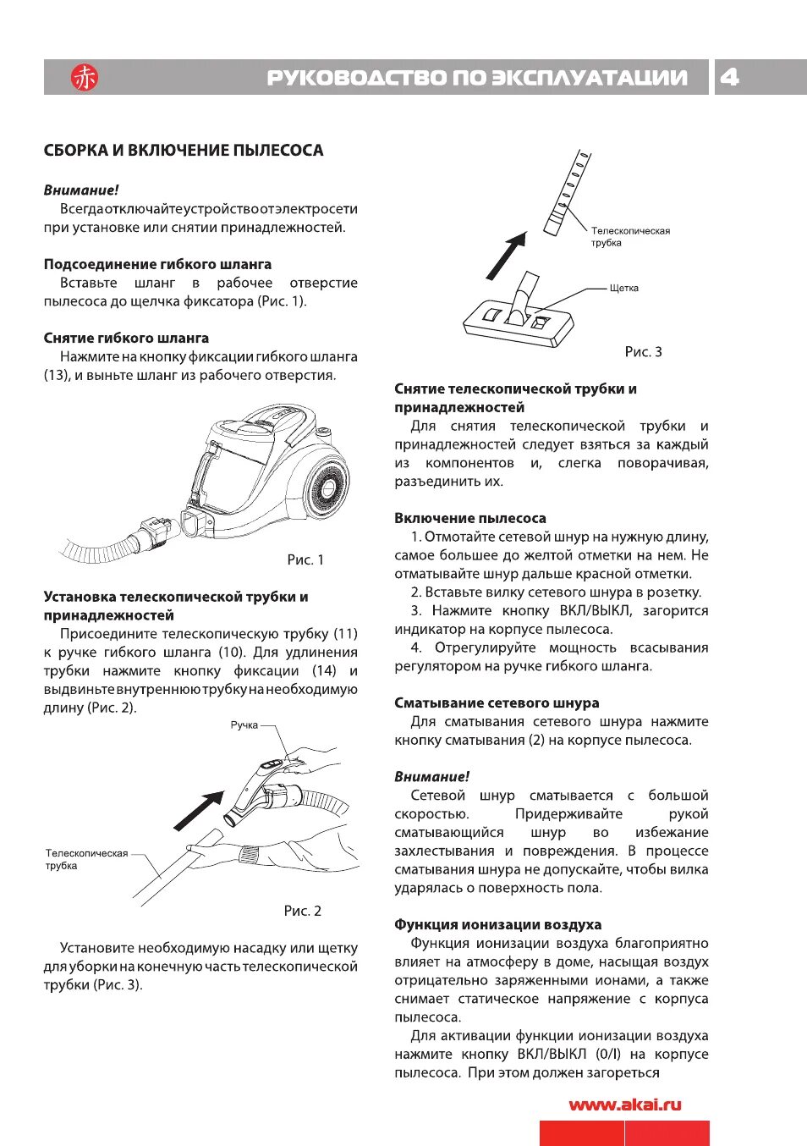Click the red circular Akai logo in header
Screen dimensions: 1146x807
point(85,78)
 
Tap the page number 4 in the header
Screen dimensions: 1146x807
point(729,77)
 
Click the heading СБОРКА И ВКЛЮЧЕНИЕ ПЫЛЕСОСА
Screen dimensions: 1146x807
point(184,151)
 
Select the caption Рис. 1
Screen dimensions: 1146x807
point(305,559)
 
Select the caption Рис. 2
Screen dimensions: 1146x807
point(303,911)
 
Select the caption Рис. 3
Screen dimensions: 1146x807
point(643,351)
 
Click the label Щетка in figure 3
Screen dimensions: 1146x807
point(624,289)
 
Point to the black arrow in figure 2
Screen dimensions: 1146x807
point(199,811)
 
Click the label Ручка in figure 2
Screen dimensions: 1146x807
point(244,725)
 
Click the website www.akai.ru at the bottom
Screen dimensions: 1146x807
point(625,1105)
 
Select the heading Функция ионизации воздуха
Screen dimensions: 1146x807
point(497,924)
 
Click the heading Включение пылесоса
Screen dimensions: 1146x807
point(469,518)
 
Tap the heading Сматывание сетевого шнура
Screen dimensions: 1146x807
point(497,702)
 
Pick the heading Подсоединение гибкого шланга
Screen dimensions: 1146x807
point(157,264)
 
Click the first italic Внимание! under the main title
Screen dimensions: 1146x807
point(81,190)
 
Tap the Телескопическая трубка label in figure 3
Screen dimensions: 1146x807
point(630,236)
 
